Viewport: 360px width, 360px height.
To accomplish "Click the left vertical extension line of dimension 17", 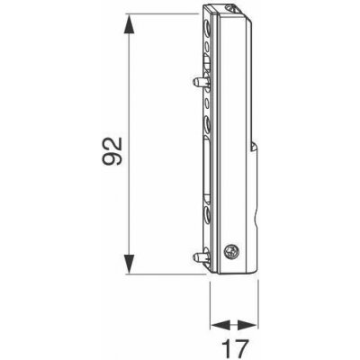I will pos(209,301).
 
